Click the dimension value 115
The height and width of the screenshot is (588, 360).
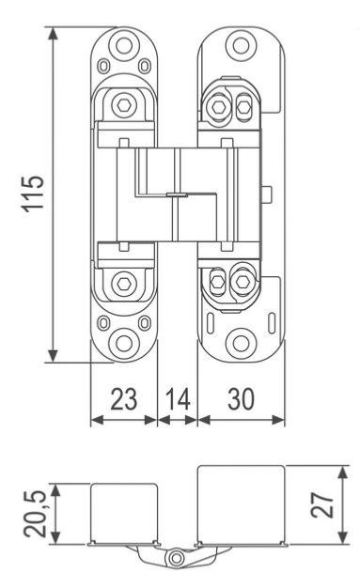(x=34, y=193)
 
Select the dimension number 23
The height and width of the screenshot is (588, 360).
(x=124, y=399)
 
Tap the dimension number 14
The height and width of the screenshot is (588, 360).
(x=178, y=399)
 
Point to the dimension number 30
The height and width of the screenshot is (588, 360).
(x=241, y=399)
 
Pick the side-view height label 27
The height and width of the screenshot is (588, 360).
(x=322, y=504)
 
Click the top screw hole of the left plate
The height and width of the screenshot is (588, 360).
(x=124, y=45)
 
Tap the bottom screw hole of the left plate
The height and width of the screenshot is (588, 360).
(x=124, y=343)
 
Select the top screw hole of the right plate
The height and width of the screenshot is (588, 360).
(x=241, y=45)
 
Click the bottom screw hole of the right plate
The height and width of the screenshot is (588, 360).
(x=241, y=343)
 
